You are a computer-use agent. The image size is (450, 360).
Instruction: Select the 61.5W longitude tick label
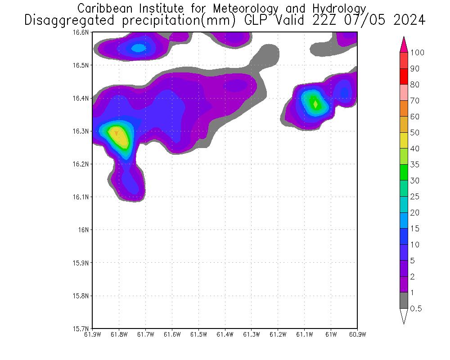tap(198, 334)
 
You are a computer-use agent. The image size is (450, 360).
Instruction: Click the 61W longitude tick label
tap(331, 334)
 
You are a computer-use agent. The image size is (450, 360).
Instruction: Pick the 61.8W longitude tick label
tap(119, 334)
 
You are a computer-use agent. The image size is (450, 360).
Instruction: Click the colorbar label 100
tap(417, 53)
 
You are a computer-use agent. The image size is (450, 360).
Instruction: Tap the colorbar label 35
tap(414, 165)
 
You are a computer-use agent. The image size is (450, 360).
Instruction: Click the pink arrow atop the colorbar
tap(404, 44)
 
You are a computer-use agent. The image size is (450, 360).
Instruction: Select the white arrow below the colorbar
tap(404, 316)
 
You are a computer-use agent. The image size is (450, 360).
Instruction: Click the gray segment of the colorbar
tap(404, 301)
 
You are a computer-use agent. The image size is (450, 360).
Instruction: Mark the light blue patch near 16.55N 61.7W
tap(139, 47)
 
